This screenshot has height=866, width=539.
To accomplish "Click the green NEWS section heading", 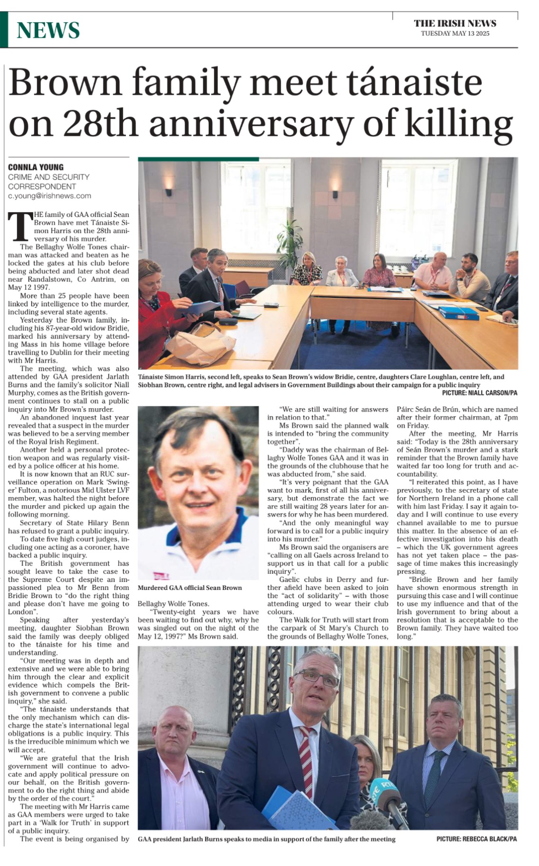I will click(x=48, y=30).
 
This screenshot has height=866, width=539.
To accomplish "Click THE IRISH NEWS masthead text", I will click(x=455, y=23).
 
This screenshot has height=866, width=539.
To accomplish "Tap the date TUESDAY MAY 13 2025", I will click(x=455, y=33).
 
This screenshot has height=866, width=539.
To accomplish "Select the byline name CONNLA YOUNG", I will click(x=35, y=167).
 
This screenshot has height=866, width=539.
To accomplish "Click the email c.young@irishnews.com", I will click(x=49, y=196).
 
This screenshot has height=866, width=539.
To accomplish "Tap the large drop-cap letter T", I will click(x=20, y=226).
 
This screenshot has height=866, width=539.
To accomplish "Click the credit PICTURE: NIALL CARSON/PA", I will click(x=479, y=393).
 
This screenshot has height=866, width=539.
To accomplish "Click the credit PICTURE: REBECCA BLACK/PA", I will click(x=476, y=839).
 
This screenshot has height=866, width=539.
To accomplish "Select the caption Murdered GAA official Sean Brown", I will click(x=189, y=588).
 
